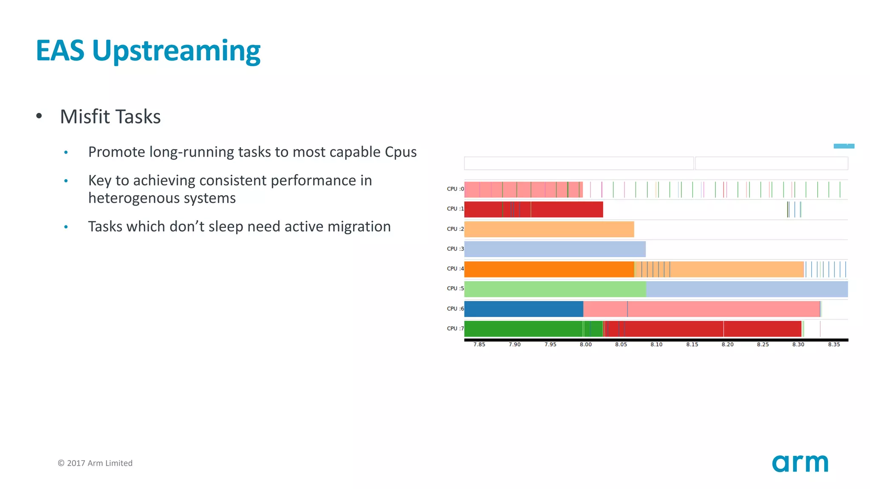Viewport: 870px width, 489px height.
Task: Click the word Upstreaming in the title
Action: (x=176, y=51)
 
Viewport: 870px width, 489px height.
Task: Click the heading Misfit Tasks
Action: (x=110, y=117)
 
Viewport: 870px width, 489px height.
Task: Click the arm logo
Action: (x=799, y=463)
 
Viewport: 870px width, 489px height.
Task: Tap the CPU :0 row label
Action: (x=455, y=189)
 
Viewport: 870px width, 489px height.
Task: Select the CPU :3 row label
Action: (x=455, y=249)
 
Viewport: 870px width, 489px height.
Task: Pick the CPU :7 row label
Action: (x=455, y=329)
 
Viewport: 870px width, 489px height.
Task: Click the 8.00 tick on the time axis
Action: (x=585, y=345)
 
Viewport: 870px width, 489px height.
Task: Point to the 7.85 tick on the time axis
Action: (x=479, y=345)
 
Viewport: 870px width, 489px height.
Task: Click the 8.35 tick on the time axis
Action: (x=833, y=345)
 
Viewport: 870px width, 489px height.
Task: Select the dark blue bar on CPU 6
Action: (x=523, y=309)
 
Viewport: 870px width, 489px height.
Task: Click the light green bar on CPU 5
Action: (x=555, y=289)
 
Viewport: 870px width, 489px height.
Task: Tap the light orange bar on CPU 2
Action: (x=549, y=229)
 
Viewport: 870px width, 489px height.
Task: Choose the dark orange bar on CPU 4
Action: (x=549, y=269)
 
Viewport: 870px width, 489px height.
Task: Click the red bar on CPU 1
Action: (x=565, y=209)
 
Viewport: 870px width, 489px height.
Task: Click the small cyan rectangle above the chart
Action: (x=844, y=146)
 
